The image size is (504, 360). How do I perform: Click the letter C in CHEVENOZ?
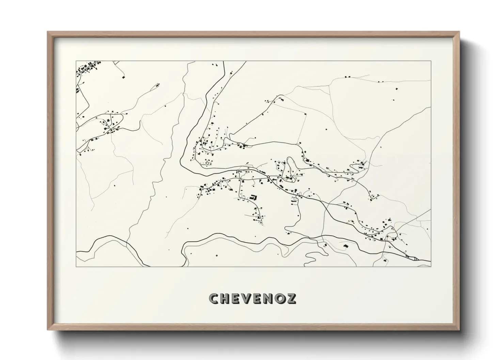(214, 298)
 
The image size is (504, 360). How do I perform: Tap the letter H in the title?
(225, 298)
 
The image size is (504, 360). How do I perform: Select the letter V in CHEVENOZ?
(247, 298)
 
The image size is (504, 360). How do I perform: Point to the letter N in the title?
(269, 298)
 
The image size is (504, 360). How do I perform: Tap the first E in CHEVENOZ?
(236, 298)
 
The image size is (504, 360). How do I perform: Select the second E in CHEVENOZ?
(258, 298)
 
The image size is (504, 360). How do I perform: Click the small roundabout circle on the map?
(269, 176)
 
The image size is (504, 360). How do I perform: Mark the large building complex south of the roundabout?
(253, 197)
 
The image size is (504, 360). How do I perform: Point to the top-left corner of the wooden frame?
(48, 32)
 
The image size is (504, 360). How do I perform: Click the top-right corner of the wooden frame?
(459, 32)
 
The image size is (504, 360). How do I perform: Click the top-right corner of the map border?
(431, 61)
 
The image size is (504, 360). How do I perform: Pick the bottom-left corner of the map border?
(76, 266)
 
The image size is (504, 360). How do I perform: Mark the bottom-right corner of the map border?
(431, 266)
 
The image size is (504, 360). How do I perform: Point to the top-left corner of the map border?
(76, 61)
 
